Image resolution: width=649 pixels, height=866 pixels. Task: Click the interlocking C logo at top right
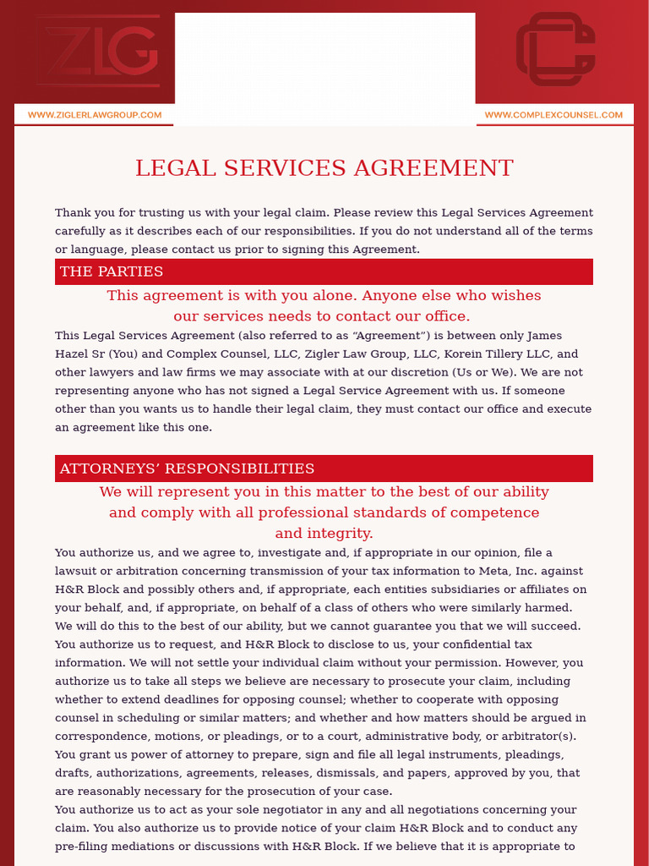coord(556,49)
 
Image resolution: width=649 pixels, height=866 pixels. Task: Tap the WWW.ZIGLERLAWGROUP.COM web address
coord(95,115)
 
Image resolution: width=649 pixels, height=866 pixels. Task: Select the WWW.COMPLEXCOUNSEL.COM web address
coord(554,115)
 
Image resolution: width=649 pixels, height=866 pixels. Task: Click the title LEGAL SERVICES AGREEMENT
coord(324,168)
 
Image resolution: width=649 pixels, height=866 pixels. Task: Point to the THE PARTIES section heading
coord(112,271)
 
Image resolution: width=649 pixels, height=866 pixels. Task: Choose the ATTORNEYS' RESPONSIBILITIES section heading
coord(187,469)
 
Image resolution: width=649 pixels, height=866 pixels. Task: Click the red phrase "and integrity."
coord(324,534)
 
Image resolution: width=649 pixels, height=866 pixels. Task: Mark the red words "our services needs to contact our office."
coord(322,316)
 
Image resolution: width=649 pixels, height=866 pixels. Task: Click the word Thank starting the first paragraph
coord(74,213)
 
